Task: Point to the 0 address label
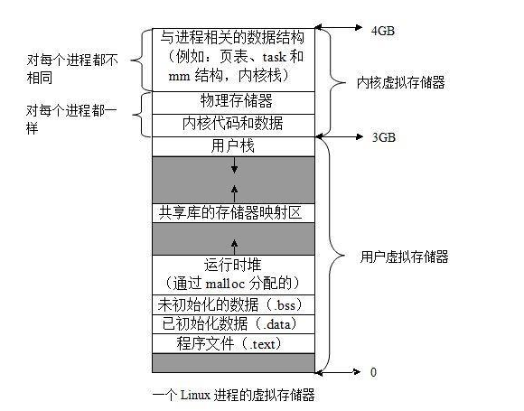click(x=372, y=371)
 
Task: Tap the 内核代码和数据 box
click(x=233, y=122)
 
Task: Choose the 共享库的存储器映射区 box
click(x=233, y=212)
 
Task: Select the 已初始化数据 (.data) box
click(x=233, y=323)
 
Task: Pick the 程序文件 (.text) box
click(x=233, y=343)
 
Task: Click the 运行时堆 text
click(x=233, y=266)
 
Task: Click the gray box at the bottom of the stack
click(x=233, y=362)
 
